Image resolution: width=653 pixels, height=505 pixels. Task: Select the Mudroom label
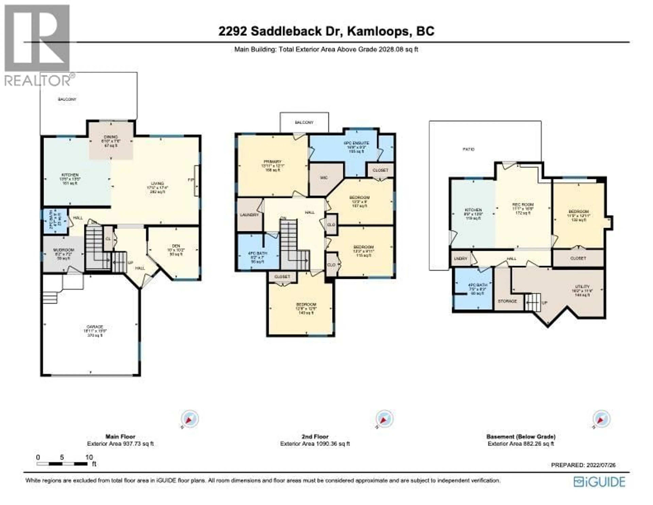tap(64, 250)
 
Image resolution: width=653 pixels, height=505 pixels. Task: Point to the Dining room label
tap(111, 137)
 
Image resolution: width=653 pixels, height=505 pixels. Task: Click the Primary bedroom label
tap(273, 162)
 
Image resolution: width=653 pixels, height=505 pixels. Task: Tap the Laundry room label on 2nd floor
tap(249, 215)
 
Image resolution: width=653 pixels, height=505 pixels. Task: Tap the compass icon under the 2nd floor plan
tap(384, 419)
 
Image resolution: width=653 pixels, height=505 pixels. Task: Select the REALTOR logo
tap(37, 45)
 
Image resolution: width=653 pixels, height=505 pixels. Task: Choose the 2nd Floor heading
tap(315, 437)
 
